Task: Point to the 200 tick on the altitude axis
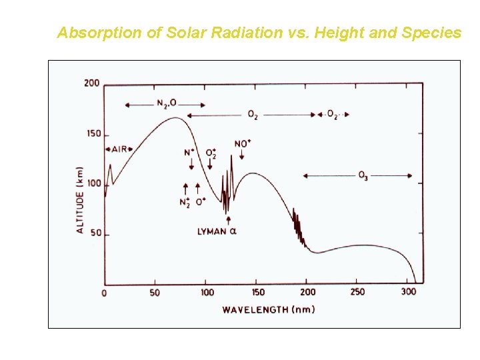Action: [x=92, y=83]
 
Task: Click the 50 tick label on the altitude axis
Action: [x=95, y=233]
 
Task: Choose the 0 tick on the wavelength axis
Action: [x=105, y=293]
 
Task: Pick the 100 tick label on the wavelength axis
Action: [x=207, y=293]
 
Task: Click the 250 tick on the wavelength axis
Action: [x=358, y=293]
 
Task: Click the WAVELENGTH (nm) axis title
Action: [x=269, y=309]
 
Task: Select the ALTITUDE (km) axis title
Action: [x=80, y=199]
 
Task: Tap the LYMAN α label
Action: [x=217, y=232]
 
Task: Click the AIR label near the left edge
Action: [x=119, y=149]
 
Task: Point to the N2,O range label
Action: [x=166, y=103]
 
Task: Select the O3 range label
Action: [x=363, y=176]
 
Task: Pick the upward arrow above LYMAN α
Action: [x=229, y=220]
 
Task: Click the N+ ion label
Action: [x=189, y=153]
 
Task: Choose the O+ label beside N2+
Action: [x=200, y=201]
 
